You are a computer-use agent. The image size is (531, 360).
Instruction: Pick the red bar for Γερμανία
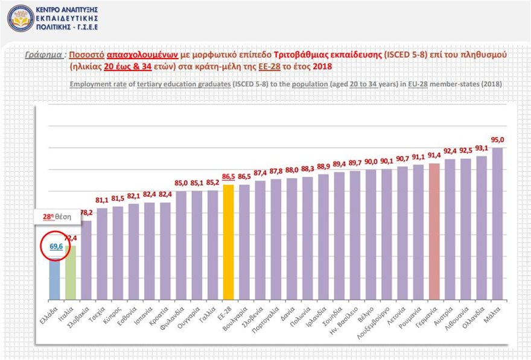(434, 232)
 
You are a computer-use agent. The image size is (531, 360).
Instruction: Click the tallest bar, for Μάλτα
(497, 224)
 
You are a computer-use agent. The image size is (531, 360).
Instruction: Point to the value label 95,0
(497, 141)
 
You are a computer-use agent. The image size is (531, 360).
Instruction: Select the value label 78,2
(86, 213)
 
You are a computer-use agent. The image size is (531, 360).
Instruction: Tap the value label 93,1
(481, 148)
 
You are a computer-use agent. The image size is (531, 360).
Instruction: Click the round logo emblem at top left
(20, 18)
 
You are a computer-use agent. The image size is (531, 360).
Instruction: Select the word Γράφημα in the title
(44, 54)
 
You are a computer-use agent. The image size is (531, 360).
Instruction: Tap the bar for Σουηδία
(339, 236)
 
